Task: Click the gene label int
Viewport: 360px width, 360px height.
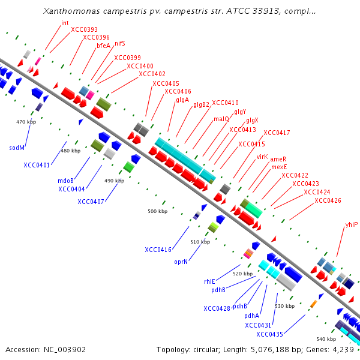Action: tap(65, 23)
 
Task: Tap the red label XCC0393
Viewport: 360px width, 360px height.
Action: tap(84, 29)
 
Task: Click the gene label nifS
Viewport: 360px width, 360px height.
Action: tap(119, 44)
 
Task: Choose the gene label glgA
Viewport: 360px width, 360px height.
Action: tap(182, 100)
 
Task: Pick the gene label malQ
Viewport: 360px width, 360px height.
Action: tap(221, 119)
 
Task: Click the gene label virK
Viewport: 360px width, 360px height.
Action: tap(262, 157)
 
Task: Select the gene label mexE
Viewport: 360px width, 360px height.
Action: tap(279, 167)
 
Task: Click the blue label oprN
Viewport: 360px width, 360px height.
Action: tap(182, 262)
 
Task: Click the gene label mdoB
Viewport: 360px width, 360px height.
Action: tap(65, 180)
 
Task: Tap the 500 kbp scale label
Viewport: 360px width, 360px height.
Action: tap(158, 211)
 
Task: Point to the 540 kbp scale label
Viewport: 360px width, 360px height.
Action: tap(326, 339)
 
